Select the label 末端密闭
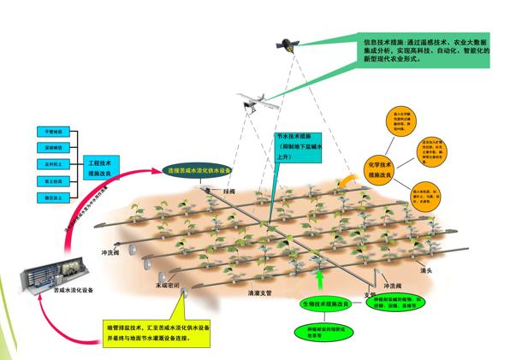coord(168,286)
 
